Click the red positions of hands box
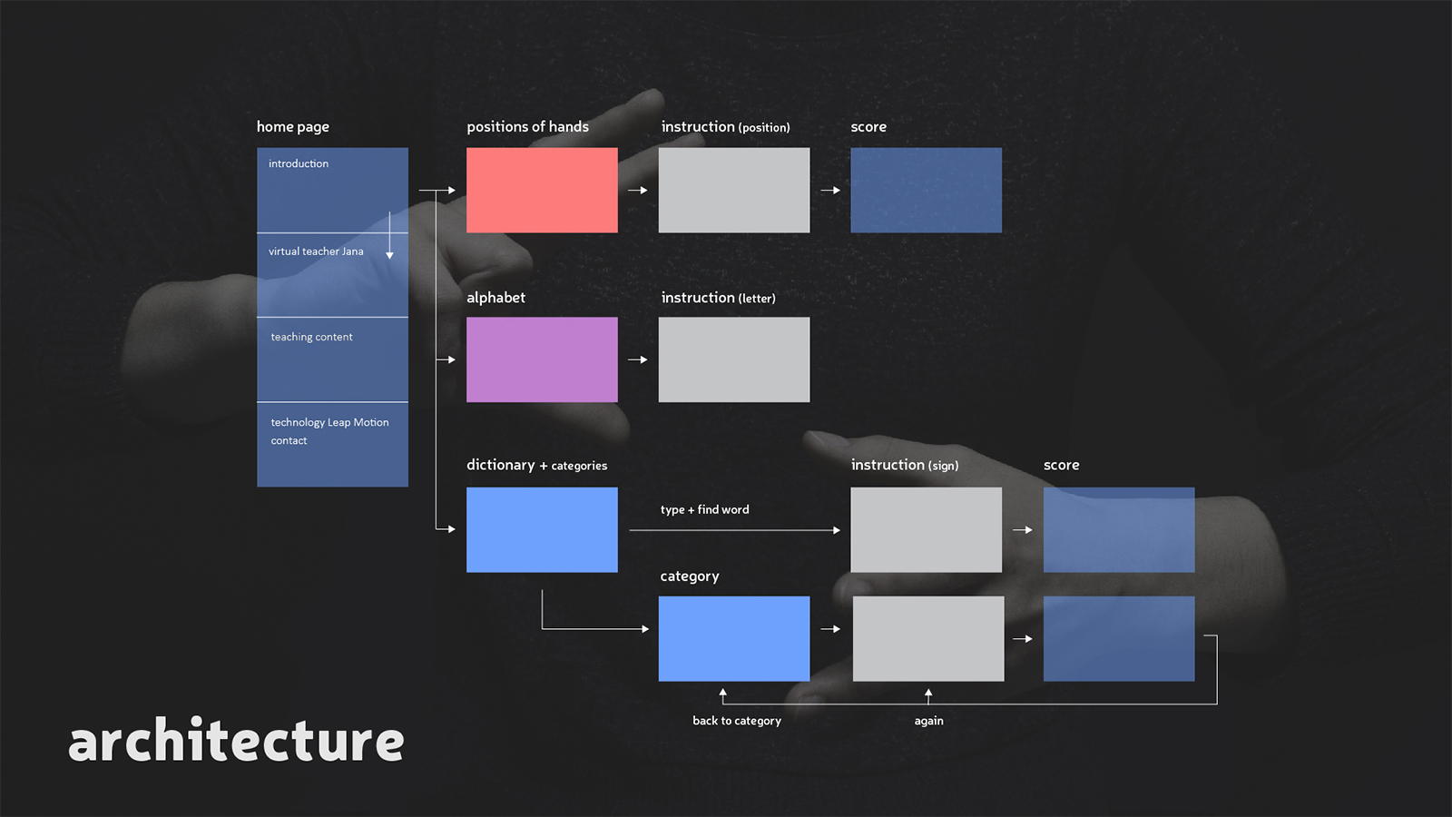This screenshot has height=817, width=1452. coord(542,190)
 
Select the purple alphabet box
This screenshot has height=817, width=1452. coord(542,359)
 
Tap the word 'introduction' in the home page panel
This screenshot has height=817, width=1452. coord(299,163)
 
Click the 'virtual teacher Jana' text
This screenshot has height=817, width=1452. coord(316,251)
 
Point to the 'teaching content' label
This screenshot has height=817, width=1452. coord(312,337)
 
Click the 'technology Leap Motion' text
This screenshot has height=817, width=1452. coord(330,422)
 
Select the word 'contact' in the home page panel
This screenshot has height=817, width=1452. coord(289,441)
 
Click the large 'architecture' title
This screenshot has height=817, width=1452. coord(236,740)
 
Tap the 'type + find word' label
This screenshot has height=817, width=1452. coord(704,509)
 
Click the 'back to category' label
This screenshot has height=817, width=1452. coord(736,721)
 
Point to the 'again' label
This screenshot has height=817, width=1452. coord(929,721)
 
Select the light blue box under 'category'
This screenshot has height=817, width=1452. coord(734,639)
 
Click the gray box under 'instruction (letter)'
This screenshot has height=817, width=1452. coord(734,359)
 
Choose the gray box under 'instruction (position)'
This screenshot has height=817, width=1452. coord(734,190)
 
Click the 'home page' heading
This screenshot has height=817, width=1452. coord(293,127)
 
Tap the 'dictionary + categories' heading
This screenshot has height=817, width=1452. coord(536,465)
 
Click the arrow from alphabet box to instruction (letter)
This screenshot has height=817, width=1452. coord(638,359)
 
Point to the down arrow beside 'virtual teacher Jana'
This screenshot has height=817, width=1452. coord(389,235)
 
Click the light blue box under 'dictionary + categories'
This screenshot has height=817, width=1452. coord(542,530)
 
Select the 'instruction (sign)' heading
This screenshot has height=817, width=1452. coord(904,465)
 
